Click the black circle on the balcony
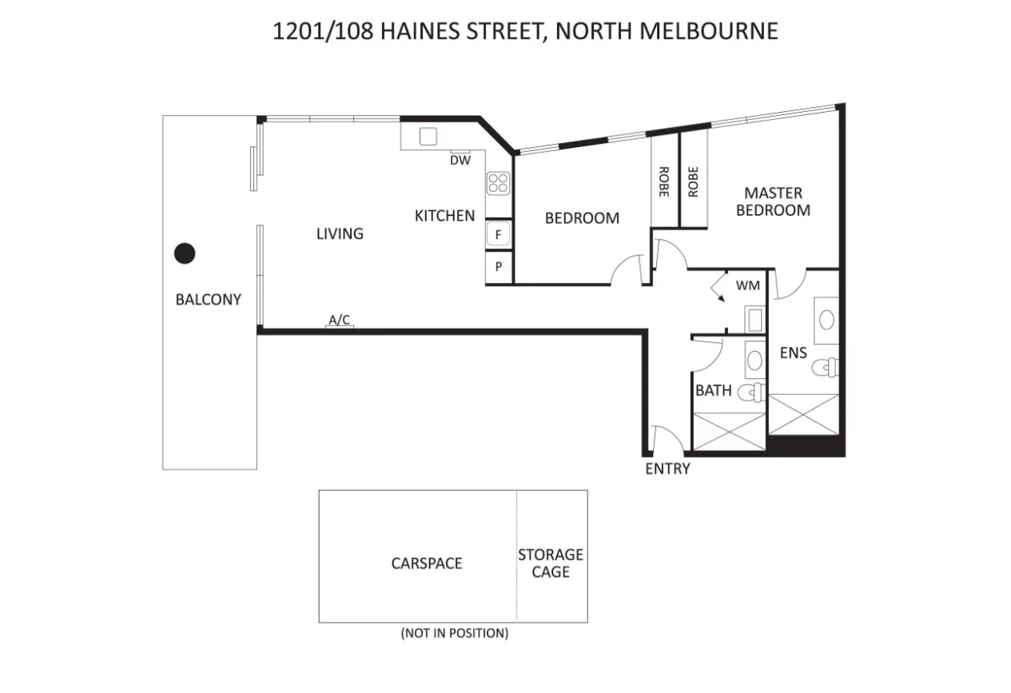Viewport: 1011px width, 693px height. click(x=185, y=254)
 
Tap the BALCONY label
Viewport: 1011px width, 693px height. click(x=208, y=300)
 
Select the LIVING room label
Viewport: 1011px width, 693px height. click(x=340, y=233)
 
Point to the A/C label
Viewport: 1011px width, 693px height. click(x=340, y=321)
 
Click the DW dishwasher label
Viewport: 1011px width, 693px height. click(x=460, y=160)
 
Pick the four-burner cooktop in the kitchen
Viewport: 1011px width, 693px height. click(x=499, y=183)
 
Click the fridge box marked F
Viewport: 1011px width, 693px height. click(x=499, y=235)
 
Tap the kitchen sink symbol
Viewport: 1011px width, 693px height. click(x=428, y=136)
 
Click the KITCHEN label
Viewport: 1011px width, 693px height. click(x=444, y=215)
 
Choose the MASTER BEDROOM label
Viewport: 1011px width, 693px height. click(x=773, y=201)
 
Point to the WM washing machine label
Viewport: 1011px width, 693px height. click(x=747, y=285)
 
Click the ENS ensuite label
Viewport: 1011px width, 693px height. click(x=794, y=352)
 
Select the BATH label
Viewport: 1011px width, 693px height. click(x=713, y=390)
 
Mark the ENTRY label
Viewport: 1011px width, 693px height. click(x=667, y=468)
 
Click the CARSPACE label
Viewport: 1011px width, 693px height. click(x=427, y=564)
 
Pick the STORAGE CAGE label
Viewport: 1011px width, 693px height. click(x=551, y=563)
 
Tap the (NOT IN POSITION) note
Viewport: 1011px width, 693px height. click(x=454, y=633)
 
